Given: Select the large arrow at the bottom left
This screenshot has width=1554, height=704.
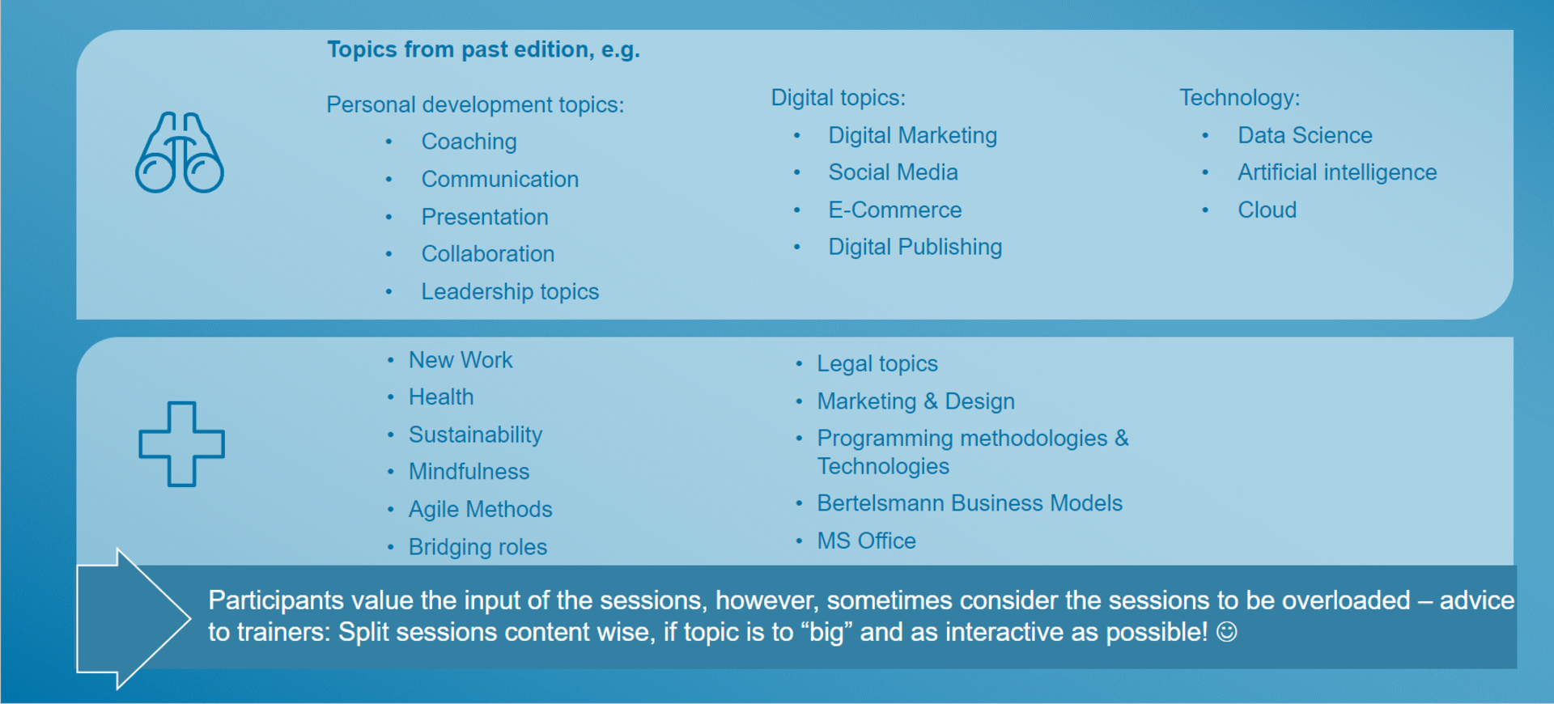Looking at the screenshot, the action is pos(134,619).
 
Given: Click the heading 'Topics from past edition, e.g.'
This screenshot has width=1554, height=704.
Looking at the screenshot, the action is pos(483,50).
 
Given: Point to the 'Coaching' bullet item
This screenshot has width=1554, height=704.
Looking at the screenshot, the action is pos(469,142).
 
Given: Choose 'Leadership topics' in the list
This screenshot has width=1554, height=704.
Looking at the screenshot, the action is pos(510,291).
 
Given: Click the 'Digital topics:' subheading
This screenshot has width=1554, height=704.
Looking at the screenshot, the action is pos(838,98).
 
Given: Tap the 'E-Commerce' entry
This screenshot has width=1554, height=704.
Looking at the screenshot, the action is pos(894,210).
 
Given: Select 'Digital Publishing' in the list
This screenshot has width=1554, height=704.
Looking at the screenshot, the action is pos(915,247).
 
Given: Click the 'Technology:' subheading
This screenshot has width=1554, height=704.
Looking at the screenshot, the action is pos(1239,98).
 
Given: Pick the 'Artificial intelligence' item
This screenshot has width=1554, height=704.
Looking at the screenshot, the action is pos(1337,172).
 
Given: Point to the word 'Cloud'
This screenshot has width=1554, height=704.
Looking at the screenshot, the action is pos(1267,210).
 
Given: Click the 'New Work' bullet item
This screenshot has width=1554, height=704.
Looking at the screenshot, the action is pos(461,360).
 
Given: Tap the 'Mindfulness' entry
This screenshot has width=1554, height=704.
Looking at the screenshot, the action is pos(469,472).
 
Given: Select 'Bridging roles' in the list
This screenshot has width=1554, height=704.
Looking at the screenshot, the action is pos(478,547).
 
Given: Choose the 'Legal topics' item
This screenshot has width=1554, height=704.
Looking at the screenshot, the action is pos(877,364).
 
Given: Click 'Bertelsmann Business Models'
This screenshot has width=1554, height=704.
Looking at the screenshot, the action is pos(970,503).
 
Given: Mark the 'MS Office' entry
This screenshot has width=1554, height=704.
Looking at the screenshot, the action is pos(866,541).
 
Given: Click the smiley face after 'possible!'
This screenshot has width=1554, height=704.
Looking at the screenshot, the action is pos(1227,632).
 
